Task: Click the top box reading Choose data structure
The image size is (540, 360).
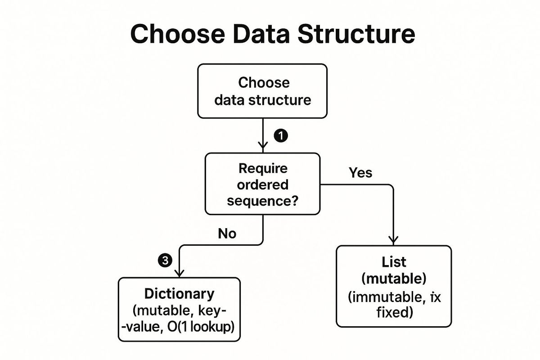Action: click(x=263, y=91)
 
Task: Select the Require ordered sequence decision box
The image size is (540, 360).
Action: click(x=263, y=184)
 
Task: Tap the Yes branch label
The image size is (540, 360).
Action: click(x=360, y=172)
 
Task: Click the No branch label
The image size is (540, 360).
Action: click(x=227, y=233)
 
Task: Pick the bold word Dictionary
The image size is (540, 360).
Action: click(x=179, y=294)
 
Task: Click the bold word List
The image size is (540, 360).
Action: click(x=394, y=262)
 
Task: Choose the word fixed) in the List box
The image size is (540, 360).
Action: click(x=394, y=312)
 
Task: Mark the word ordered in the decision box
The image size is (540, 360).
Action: click(x=263, y=184)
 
